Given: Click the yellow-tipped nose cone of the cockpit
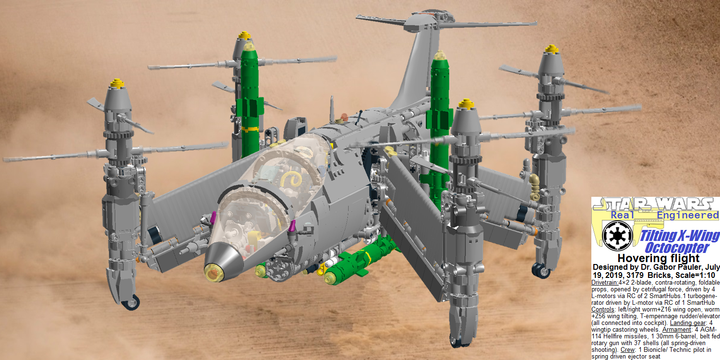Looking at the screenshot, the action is coord(214,273).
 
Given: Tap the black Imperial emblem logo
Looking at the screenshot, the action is coord(617,236).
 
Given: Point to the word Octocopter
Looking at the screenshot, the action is coord(677,248).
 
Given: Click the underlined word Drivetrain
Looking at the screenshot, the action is coord(605,283).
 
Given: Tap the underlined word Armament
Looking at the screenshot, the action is coord(676,329).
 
